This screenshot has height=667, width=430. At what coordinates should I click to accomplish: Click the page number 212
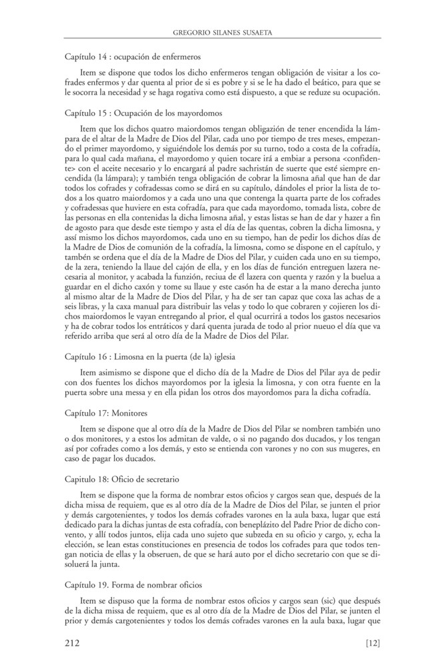coord(73,643)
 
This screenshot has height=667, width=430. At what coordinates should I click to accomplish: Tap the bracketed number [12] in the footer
coord(373,643)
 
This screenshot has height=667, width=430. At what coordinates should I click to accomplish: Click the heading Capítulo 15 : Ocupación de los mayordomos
coord(144,113)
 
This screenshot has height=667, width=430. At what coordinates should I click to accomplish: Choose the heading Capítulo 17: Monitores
coord(106,414)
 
